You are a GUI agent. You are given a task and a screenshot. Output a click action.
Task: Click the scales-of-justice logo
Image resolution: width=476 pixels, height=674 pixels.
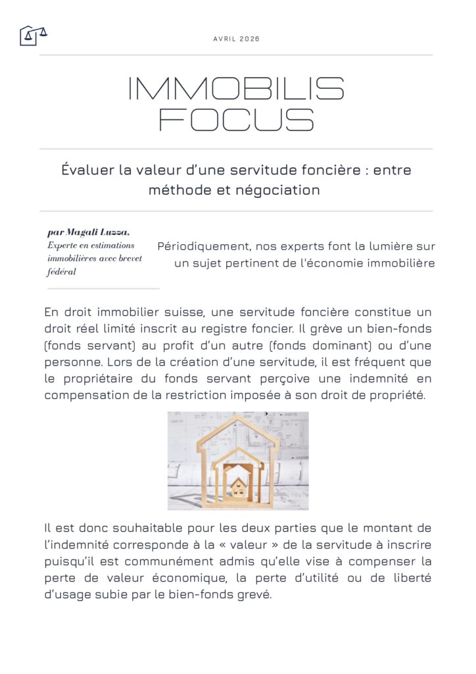33,35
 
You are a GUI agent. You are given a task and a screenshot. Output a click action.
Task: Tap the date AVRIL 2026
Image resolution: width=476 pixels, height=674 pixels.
237,39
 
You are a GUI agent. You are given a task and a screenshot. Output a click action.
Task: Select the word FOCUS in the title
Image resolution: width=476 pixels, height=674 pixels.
237,120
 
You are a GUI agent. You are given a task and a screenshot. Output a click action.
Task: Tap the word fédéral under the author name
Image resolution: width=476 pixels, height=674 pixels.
62,272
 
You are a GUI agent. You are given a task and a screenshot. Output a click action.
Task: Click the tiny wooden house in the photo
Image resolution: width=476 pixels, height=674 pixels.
237,488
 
